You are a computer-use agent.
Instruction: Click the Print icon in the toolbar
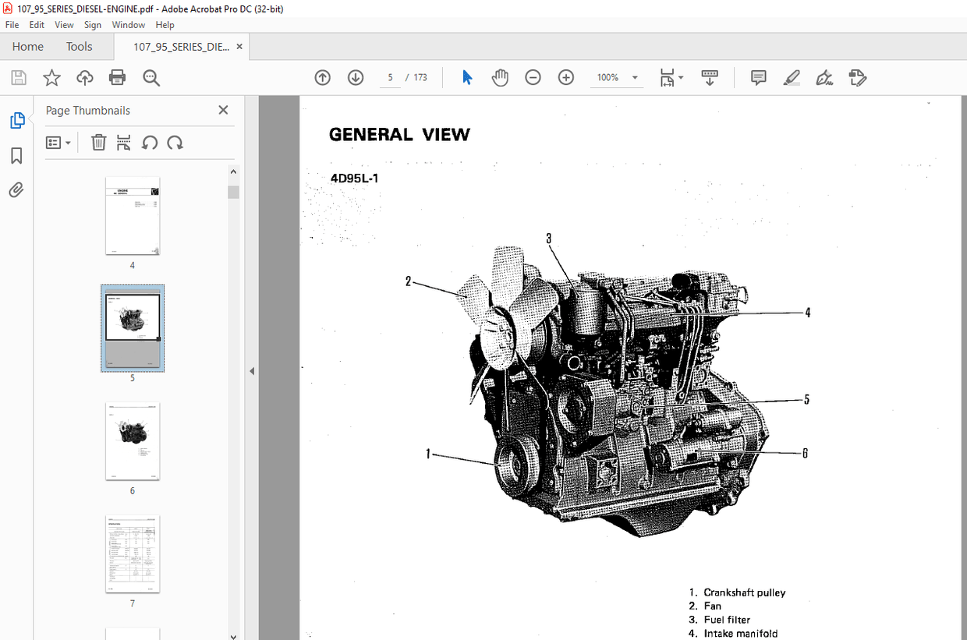tap(117, 77)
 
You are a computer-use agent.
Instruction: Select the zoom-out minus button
tap(533, 77)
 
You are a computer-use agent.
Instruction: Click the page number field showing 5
tap(390, 77)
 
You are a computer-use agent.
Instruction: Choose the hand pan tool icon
tap(500, 77)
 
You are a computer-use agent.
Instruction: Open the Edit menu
tap(37, 25)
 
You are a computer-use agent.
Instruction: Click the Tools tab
tap(79, 47)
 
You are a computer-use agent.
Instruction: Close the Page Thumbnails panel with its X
tap(223, 111)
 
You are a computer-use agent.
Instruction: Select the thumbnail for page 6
tap(133, 441)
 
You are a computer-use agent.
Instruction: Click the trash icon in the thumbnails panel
tap(98, 143)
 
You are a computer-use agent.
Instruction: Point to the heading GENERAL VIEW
tap(399, 135)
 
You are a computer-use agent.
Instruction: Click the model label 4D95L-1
tap(354, 178)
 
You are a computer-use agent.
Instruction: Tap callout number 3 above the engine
tap(548, 239)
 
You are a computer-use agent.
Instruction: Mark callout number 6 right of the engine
tap(805, 453)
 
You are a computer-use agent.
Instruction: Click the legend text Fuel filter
tap(727, 620)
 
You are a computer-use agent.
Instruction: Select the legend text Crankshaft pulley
tap(744, 592)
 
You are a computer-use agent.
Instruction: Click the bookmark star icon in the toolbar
tap(51, 77)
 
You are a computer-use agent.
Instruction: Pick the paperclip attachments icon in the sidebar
tap(16, 190)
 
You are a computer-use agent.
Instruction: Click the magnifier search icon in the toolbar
tap(151, 77)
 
